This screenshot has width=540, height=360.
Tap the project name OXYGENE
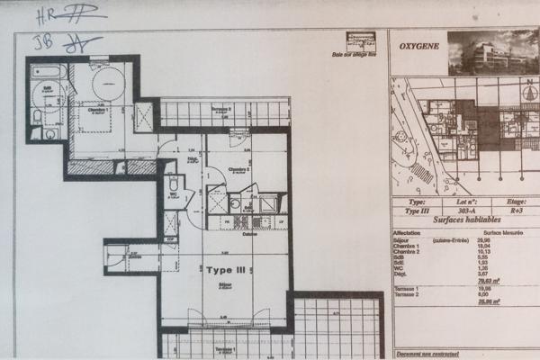[x=418, y=42]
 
